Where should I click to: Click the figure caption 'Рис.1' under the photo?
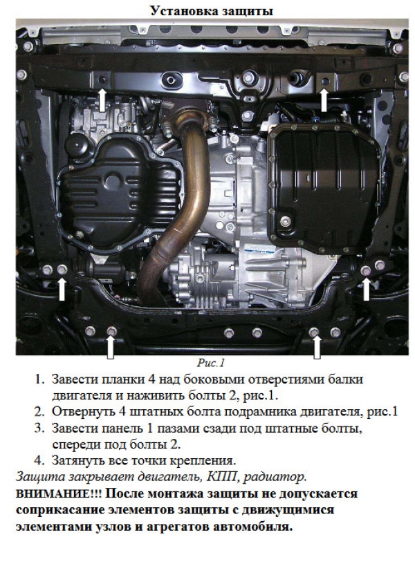point(210,363)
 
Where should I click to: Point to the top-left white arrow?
point(102,100)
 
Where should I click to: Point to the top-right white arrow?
point(324,100)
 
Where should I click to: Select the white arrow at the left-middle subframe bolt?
point(62,289)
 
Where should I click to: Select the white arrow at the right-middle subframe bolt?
point(367,289)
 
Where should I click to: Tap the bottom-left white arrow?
point(111,348)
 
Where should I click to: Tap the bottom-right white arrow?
point(317,348)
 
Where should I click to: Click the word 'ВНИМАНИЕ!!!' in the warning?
point(59,493)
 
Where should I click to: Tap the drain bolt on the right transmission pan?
point(286,221)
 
